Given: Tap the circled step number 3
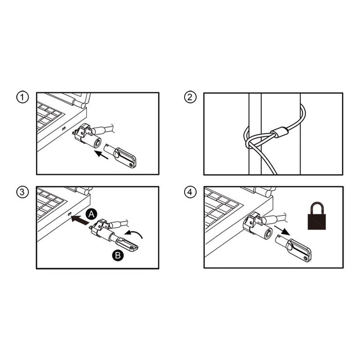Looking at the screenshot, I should tap(22, 193).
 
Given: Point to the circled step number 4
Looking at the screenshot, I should tap(190, 193).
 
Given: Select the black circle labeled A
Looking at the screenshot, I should tap(91, 212).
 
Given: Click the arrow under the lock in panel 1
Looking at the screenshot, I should tap(102, 155).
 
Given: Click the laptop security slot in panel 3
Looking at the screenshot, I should tap(69, 213).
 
